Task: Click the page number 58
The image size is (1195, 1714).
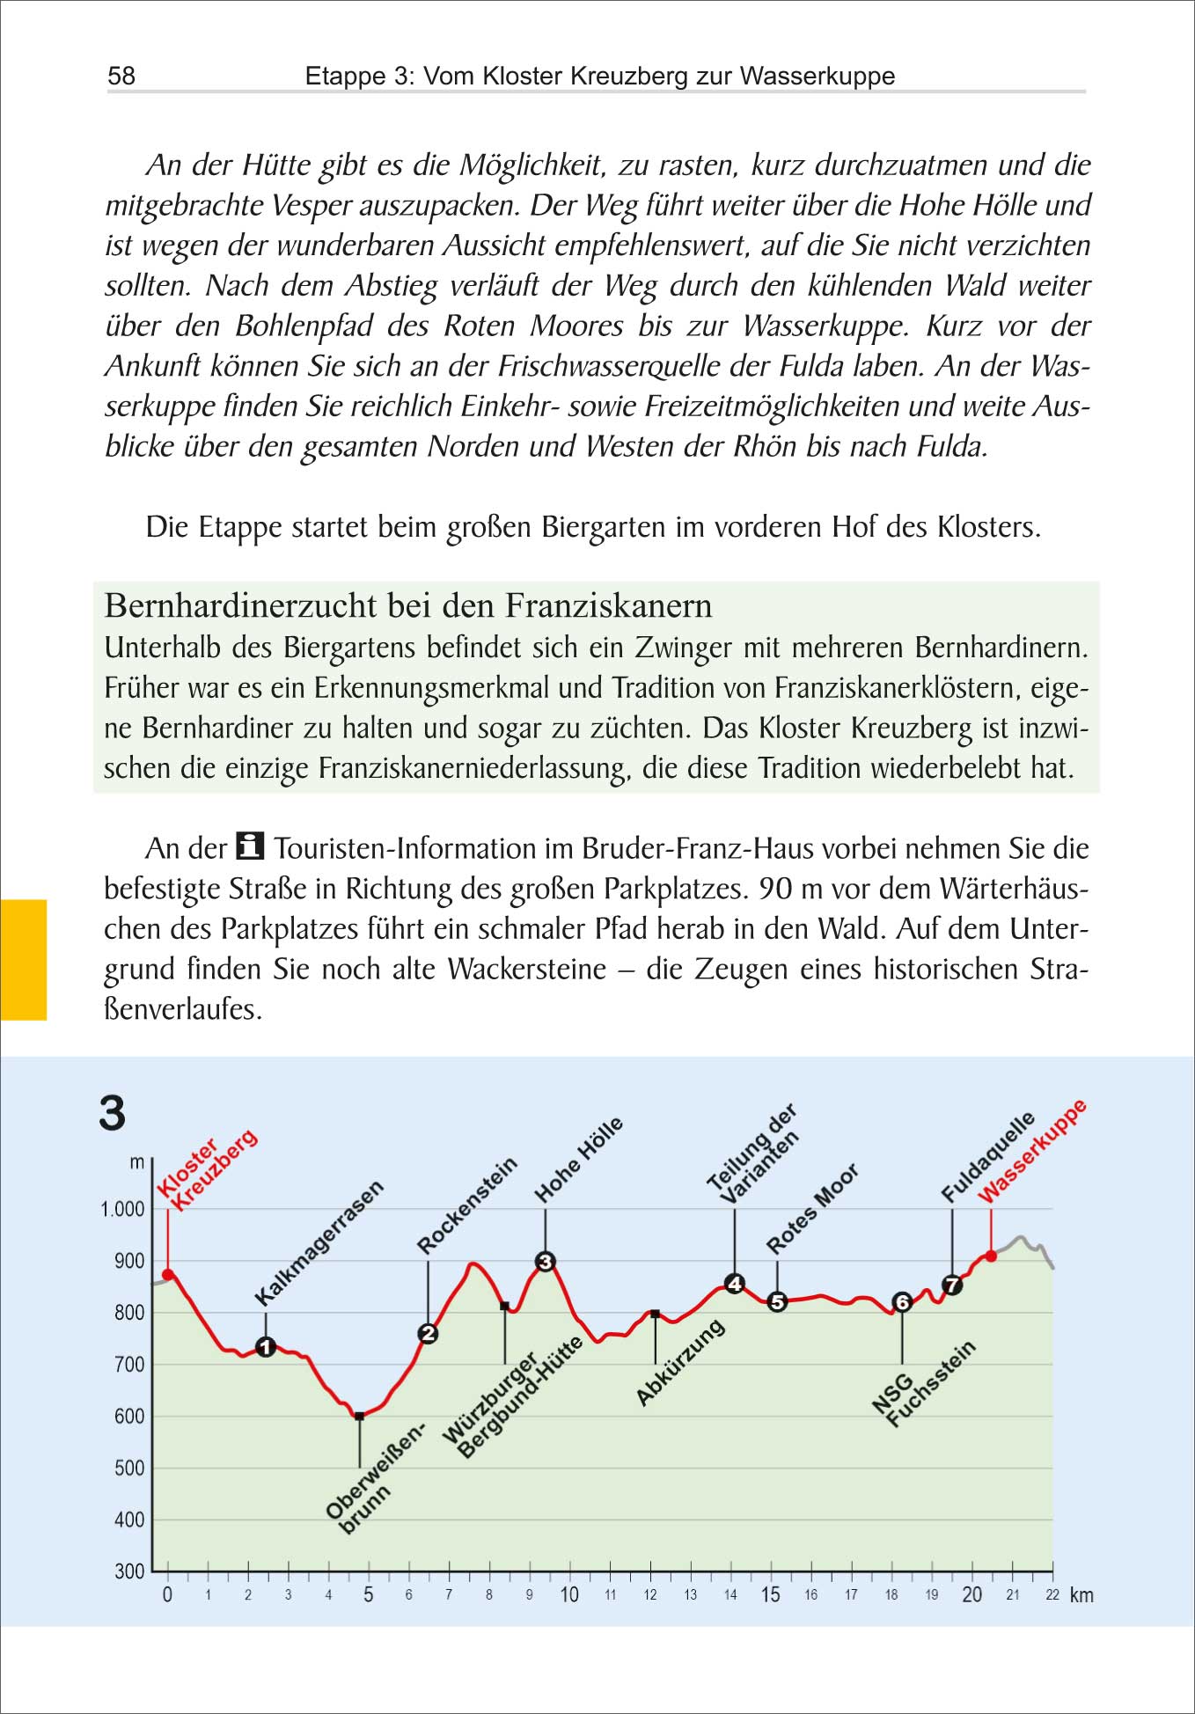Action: [121, 76]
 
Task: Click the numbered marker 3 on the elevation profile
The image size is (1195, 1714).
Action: [546, 1262]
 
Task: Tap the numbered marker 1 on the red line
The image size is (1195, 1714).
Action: [266, 1346]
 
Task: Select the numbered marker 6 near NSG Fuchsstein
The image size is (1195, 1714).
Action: [902, 1302]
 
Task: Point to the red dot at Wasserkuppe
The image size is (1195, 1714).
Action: [991, 1256]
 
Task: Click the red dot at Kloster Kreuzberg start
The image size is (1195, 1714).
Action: [168, 1274]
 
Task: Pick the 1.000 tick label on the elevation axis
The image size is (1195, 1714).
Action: [123, 1209]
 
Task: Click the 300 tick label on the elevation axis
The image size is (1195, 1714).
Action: [129, 1571]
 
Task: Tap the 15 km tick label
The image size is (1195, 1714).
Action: [771, 1595]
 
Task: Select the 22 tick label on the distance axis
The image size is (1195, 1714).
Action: [1052, 1595]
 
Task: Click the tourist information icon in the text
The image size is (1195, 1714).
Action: [251, 846]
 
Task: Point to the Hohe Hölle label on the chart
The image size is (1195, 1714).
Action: [579, 1160]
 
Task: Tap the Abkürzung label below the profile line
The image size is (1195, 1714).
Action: [680, 1362]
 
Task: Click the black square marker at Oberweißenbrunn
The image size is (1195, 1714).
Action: [359, 1417]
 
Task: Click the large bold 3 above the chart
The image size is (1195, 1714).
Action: [113, 1113]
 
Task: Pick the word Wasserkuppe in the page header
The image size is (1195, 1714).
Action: [817, 76]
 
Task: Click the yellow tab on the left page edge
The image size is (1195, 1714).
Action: [23, 959]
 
